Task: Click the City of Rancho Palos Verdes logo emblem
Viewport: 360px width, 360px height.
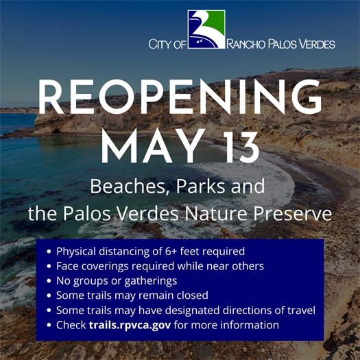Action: (206, 30)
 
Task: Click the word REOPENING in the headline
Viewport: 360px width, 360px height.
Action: (180, 99)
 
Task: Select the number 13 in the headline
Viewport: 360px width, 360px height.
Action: (237, 145)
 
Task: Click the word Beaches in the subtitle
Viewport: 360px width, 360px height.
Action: (120, 187)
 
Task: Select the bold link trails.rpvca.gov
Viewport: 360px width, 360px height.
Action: (130, 325)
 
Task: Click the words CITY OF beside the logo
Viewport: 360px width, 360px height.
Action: (167, 45)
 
